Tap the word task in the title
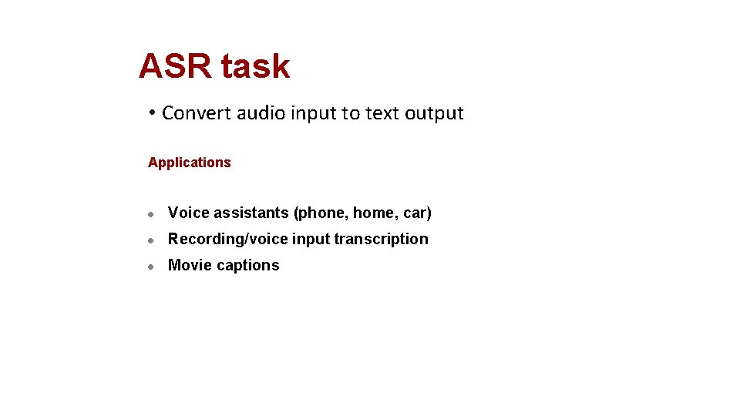click(255, 67)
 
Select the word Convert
click(197, 113)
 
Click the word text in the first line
click(382, 113)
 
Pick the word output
click(434, 114)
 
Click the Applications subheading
click(190, 163)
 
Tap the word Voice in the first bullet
click(189, 213)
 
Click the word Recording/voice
click(228, 240)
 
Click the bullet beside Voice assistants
click(153, 214)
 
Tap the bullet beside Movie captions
click(153, 267)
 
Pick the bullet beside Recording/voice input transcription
click(153, 240)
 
